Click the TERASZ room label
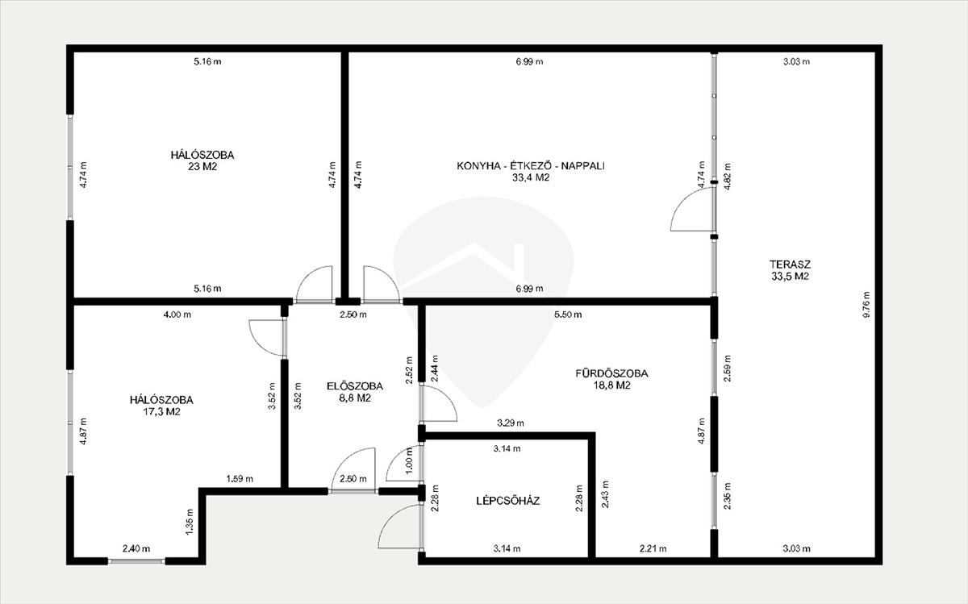(x=790, y=264)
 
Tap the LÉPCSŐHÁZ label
(x=507, y=501)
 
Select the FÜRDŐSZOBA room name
(x=611, y=373)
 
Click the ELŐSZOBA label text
(x=355, y=386)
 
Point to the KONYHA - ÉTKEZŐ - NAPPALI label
(x=531, y=166)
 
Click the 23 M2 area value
(x=202, y=166)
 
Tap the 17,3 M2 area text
(x=161, y=411)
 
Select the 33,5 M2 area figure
(x=790, y=276)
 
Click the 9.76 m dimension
(x=866, y=305)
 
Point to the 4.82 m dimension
(x=728, y=177)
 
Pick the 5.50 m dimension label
(x=568, y=314)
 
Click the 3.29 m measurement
(x=511, y=423)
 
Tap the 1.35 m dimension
(x=190, y=522)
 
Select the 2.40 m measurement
(x=136, y=548)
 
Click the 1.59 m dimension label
(x=240, y=479)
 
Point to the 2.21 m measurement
(x=653, y=548)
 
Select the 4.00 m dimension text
(x=177, y=314)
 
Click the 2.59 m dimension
(x=728, y=368)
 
